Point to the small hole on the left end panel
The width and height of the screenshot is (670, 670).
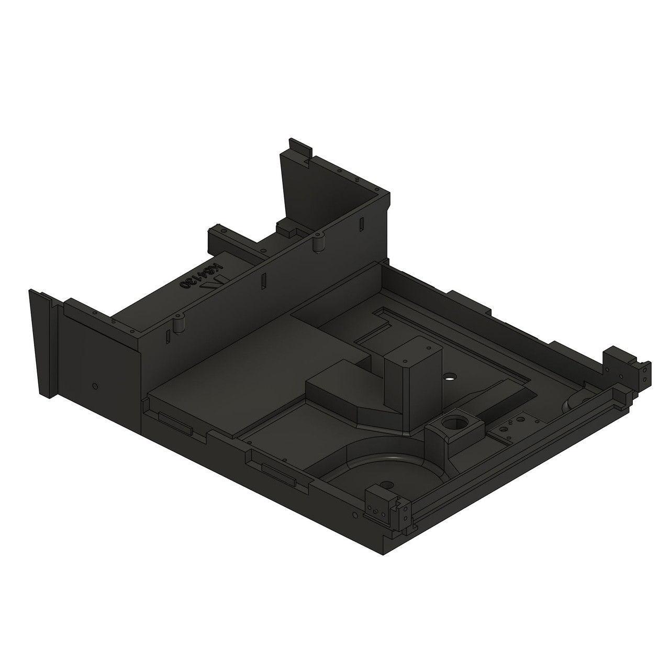tap(94, 386)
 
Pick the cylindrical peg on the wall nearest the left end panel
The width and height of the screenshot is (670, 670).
tap(180, 324)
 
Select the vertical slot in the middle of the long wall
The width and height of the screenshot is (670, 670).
tap(263, 281)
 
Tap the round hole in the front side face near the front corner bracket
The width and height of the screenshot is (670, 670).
tap(356, 516)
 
